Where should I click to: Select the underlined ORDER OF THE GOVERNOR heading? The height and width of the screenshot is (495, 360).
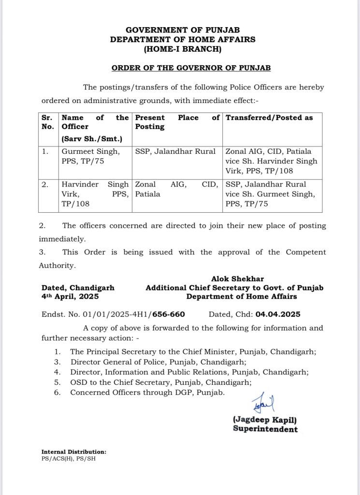point(191,68)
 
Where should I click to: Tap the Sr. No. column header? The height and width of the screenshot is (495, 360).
point(47,122)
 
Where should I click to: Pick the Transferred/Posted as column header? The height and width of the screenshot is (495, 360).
point(269,117)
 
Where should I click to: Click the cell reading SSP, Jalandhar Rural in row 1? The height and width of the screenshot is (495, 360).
point(175,151)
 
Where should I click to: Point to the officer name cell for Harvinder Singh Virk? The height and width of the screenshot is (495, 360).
point(95,194)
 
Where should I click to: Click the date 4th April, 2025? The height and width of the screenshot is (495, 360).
point(70,296)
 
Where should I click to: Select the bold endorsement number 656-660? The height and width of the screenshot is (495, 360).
point(169,314)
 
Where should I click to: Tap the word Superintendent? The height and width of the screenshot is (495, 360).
point(265,429)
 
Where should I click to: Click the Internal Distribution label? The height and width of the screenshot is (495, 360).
point(73,451)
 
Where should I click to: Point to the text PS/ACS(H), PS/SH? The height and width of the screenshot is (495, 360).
point(68,458)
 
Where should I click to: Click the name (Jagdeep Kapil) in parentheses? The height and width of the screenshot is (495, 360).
point(265,420)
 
